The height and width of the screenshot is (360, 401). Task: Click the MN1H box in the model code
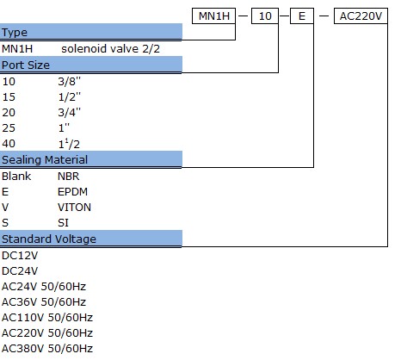[x=213, y=16]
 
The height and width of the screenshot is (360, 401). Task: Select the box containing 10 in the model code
[x=265, y=16]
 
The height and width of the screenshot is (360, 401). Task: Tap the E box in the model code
[x=302, y=16]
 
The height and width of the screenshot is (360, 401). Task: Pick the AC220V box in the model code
[x=361, y=16]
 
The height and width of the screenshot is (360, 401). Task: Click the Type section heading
[x=15, y=33]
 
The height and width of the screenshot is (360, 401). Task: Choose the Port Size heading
[x=26, y=65]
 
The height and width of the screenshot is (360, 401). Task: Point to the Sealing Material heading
[x=45, y=159]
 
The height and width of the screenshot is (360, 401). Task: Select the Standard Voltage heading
[x=49, y=239]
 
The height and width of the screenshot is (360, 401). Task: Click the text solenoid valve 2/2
[x=110, y=49]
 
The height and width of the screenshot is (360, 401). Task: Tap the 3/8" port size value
[x=70, y=82]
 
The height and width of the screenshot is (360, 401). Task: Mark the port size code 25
[x=9, y=128]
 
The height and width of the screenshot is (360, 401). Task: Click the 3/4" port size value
[x=70, y=113]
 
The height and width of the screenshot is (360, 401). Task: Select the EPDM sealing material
[x=72, y=192]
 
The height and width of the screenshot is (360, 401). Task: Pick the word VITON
[x=74, y=208]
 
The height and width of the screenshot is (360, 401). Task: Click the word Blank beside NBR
[x=16, y=177]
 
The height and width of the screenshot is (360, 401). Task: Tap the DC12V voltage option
[x=20, y=256]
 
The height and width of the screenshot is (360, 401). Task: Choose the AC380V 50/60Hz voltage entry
[x=47, y=349]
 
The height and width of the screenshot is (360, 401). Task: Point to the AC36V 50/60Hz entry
[x=44, y=302]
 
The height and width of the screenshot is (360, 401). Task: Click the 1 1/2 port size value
[x=69, y=144]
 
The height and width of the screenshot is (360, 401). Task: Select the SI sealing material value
[x=63, y=223]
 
